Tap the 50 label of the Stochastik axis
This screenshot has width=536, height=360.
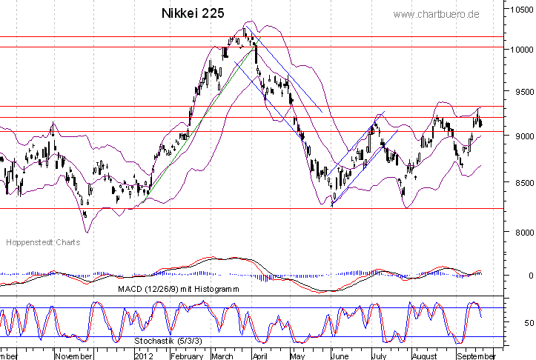526,324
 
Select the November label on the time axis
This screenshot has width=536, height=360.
74,356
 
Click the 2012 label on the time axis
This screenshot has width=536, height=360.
143,356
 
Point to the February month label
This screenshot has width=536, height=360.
187,356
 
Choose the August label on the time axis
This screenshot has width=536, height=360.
425,356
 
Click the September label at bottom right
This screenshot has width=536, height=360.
474,356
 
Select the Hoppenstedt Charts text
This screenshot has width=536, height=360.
42,242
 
